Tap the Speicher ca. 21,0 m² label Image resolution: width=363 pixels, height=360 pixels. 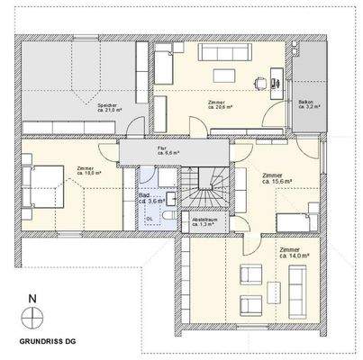coord(109,109)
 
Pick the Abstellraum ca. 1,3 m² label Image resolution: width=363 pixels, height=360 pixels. coord(204,222)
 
